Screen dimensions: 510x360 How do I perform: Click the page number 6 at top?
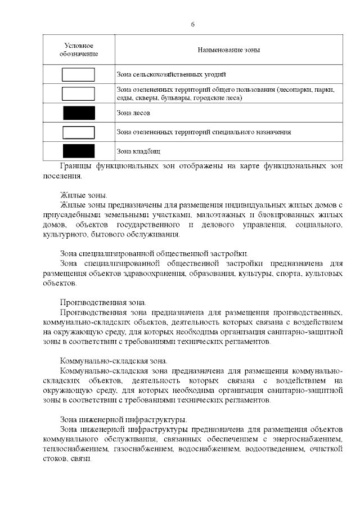tap(192, 25)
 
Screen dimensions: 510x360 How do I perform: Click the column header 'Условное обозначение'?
tap(79, 50)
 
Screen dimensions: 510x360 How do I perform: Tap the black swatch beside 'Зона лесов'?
tap(79, 113)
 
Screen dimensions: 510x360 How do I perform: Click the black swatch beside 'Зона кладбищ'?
tap(79, 151)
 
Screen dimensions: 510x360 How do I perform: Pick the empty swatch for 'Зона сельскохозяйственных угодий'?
tap(78, 74)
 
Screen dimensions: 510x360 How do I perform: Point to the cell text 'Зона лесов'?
tap(133, 113)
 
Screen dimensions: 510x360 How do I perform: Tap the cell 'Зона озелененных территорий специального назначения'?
tap(204, 132)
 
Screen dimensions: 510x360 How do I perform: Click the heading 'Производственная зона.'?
tap(103, 302)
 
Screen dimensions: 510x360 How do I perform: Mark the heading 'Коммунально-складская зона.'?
tap(114, 360)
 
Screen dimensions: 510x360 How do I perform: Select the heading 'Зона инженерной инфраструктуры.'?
tap(124, 419)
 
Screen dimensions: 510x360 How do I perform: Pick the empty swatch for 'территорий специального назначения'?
tap(78, 132)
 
